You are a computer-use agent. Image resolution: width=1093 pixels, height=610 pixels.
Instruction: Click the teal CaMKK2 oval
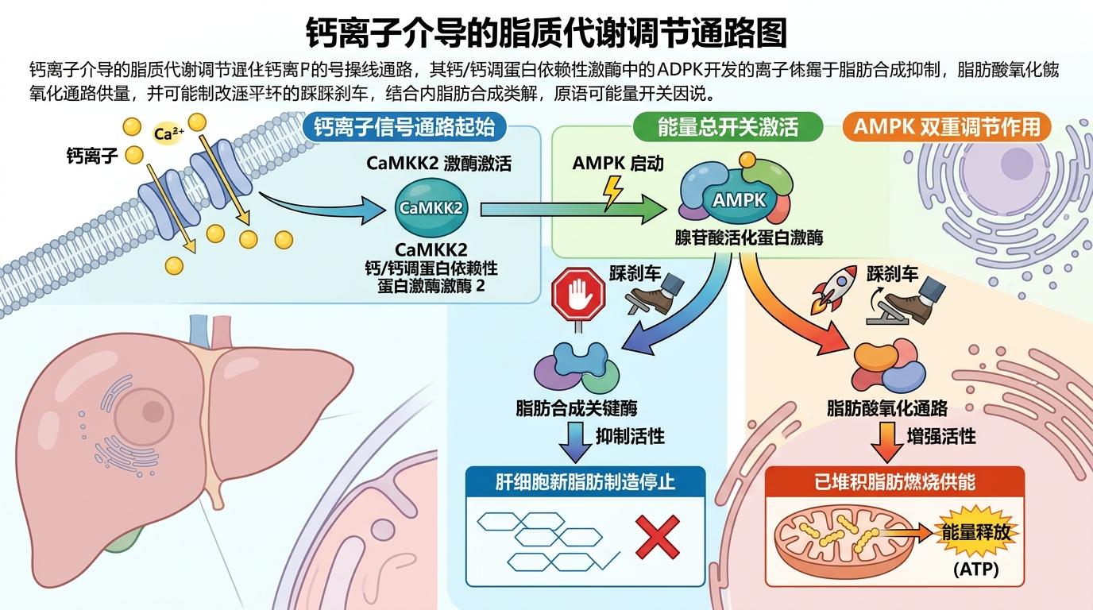point(431,209)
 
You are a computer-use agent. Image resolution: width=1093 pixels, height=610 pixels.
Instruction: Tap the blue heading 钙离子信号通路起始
point(404,127)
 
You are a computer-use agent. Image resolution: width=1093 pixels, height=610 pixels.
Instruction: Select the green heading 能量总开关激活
point(728,127)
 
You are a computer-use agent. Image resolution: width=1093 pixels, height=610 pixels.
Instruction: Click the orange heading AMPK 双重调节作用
point(947,127)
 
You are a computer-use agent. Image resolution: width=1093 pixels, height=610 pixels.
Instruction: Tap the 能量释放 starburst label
point(975,531)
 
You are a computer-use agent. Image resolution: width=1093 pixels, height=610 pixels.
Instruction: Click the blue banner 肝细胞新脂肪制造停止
point(585,482)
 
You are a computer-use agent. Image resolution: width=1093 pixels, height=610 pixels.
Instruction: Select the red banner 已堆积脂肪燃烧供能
point(894,482)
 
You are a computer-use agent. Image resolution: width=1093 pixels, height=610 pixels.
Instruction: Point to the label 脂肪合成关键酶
point(577,409)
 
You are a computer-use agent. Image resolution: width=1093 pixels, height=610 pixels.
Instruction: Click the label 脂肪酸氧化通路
point(887,409)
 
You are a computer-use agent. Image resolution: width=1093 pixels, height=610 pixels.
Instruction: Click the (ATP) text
point(975,569)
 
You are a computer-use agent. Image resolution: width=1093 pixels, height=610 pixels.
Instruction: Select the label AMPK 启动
point(618,164)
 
